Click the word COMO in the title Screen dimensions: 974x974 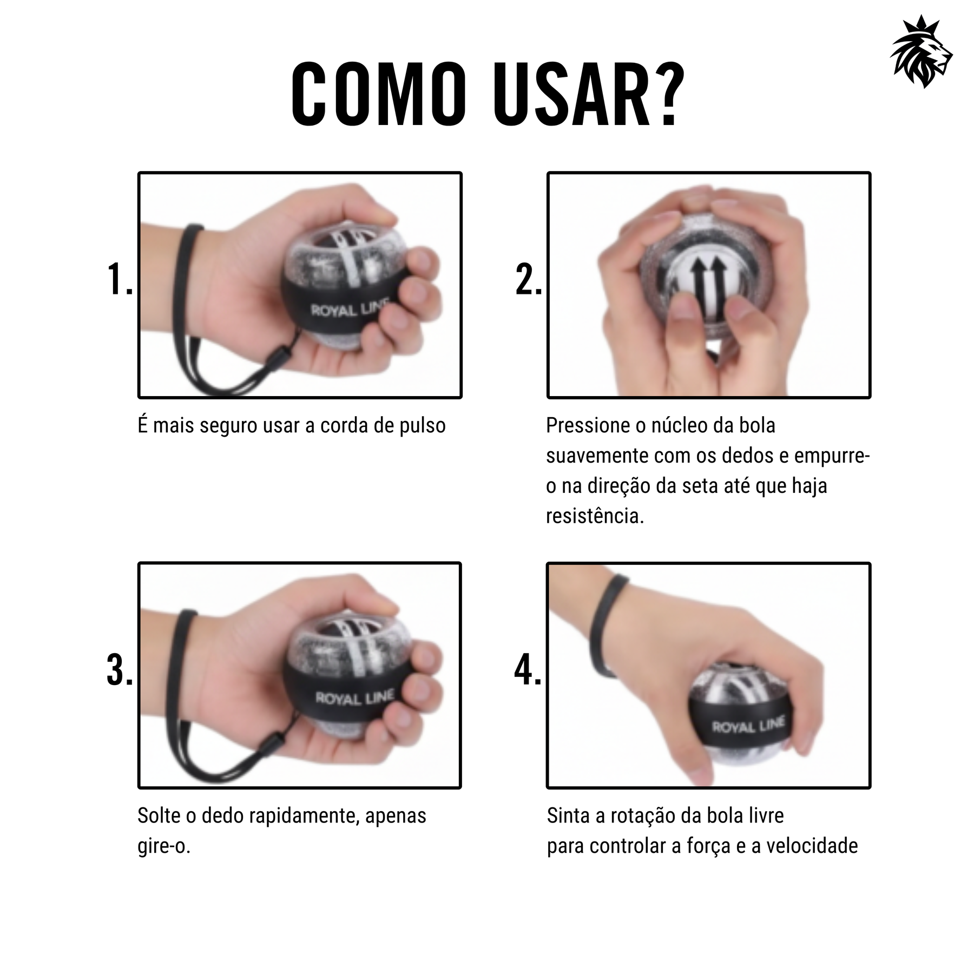(379, 95)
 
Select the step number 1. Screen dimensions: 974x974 (120, 280)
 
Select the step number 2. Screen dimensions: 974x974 (528, 280)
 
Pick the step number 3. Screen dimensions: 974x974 (120, 670)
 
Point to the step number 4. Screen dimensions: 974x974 (528, 670)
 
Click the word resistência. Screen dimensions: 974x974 (594, 516)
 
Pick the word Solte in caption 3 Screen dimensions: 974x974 (159, 815)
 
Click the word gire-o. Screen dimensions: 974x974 (163, 846)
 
